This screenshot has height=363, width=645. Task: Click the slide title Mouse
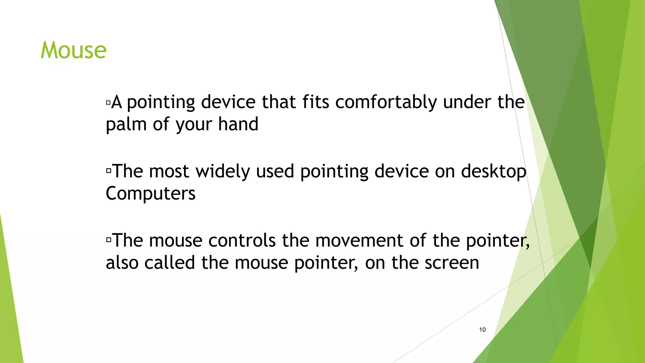pyautogui.click(x=74, y=50)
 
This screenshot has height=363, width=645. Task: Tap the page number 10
pyautogui.click(x=482, y=330)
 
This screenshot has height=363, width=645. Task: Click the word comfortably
pyautogui.click(x=386, y=102)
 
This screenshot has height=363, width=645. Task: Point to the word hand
pyautogui.click(x=238, y=124)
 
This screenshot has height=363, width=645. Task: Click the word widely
pyautogui.click(x=223, y=172)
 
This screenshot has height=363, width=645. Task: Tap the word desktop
pyautogui.click(x=494, y=172)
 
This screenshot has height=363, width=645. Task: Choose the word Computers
pyautogui.click(x=151, y=193)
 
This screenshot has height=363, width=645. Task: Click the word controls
pyautogui.click(x=242, y=241)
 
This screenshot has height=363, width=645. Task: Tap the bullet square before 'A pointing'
pyautogui.click(x=108, y=102)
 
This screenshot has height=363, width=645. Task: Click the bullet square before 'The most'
pyautogui.click(x=109, y=171)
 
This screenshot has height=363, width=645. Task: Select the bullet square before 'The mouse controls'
pyautogui.click(x=109, y=240)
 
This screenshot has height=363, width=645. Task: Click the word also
pyautogui.click(x=122, y=263)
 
